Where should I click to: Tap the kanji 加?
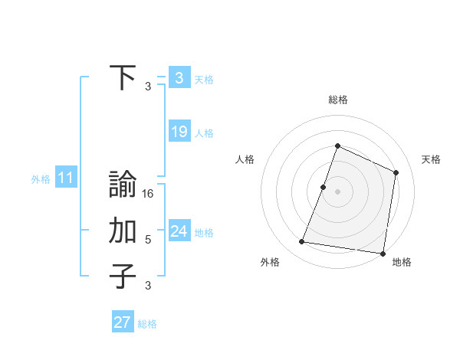tap(123, 231)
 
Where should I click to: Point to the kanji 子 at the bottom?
tap(123, 277)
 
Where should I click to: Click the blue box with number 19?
tap(179, 132)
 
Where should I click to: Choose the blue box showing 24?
tap(179, 231)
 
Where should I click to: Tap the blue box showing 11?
tap(66, 178)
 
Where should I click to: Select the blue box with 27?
tap(123, 322)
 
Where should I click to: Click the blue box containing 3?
tap(179, 77)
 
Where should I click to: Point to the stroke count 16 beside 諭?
tap(149, 194)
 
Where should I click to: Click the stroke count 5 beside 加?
tap(148, 240)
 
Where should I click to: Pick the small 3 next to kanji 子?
tap(148, 286)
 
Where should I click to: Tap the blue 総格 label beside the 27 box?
tap(147, 324)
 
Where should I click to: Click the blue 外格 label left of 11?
tap(41, 179)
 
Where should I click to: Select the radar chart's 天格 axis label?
tap(431, 159)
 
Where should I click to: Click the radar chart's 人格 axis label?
tap(245, 159)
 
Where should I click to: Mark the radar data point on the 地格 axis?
tap(383, 253)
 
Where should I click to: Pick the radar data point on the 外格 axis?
tap(302, 242)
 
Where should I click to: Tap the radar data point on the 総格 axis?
tap(337, 146)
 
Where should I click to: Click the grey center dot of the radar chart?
tap(337, 191)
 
